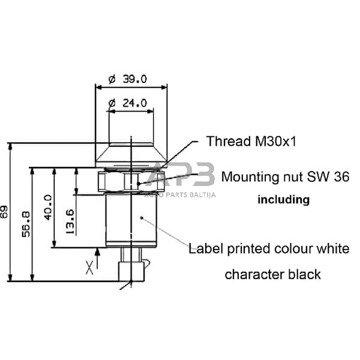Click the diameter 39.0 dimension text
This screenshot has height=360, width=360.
tap(128, 79)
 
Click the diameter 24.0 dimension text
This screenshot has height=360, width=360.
tap(128, 103)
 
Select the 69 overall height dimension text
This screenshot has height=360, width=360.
tap(4, 212)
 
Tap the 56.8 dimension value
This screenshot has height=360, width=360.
tap(26, 224)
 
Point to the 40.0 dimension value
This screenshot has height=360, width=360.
tap(48, 208)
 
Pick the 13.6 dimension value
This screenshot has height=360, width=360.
tap(70, 222)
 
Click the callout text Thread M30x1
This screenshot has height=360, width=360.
tap(251, 141)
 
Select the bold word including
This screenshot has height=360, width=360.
tap(284, 200)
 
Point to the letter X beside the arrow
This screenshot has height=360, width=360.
tap(89, 268)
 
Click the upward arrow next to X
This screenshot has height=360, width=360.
tap(97, 259)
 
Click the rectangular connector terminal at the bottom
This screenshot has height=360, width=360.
tap(131, 271)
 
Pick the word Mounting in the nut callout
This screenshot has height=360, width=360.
tap(250, 177)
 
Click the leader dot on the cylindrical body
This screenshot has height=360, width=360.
tap(142, 218)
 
